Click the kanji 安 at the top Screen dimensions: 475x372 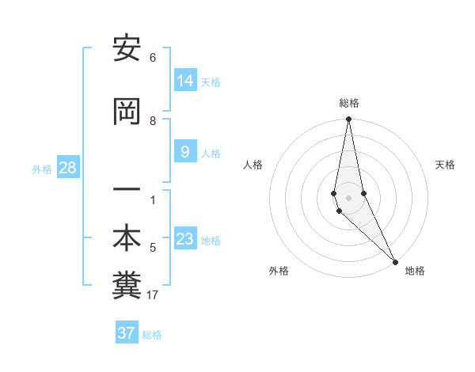[127, 49]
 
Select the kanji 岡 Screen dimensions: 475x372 [127, 112]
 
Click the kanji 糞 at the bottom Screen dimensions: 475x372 [127, 287]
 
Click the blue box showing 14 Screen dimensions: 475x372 [184, 80]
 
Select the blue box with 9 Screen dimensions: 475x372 [184, 151]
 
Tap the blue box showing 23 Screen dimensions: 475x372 [184, 238]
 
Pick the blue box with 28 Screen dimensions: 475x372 [67, 168]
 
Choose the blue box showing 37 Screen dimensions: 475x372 [127, 333]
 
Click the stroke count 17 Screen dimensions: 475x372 [153, 295]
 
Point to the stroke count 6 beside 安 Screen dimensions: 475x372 [153, 58]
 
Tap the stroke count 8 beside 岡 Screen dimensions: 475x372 [153, 121]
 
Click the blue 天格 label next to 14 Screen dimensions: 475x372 [211, 82]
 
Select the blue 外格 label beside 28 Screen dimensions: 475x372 [41, 169]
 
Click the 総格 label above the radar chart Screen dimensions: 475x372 [348, 103]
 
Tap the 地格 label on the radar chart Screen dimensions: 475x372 [415, 271]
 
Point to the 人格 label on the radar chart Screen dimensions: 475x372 [253, 165]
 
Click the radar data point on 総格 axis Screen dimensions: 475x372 [348, 120]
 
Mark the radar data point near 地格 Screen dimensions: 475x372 [395, 261]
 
